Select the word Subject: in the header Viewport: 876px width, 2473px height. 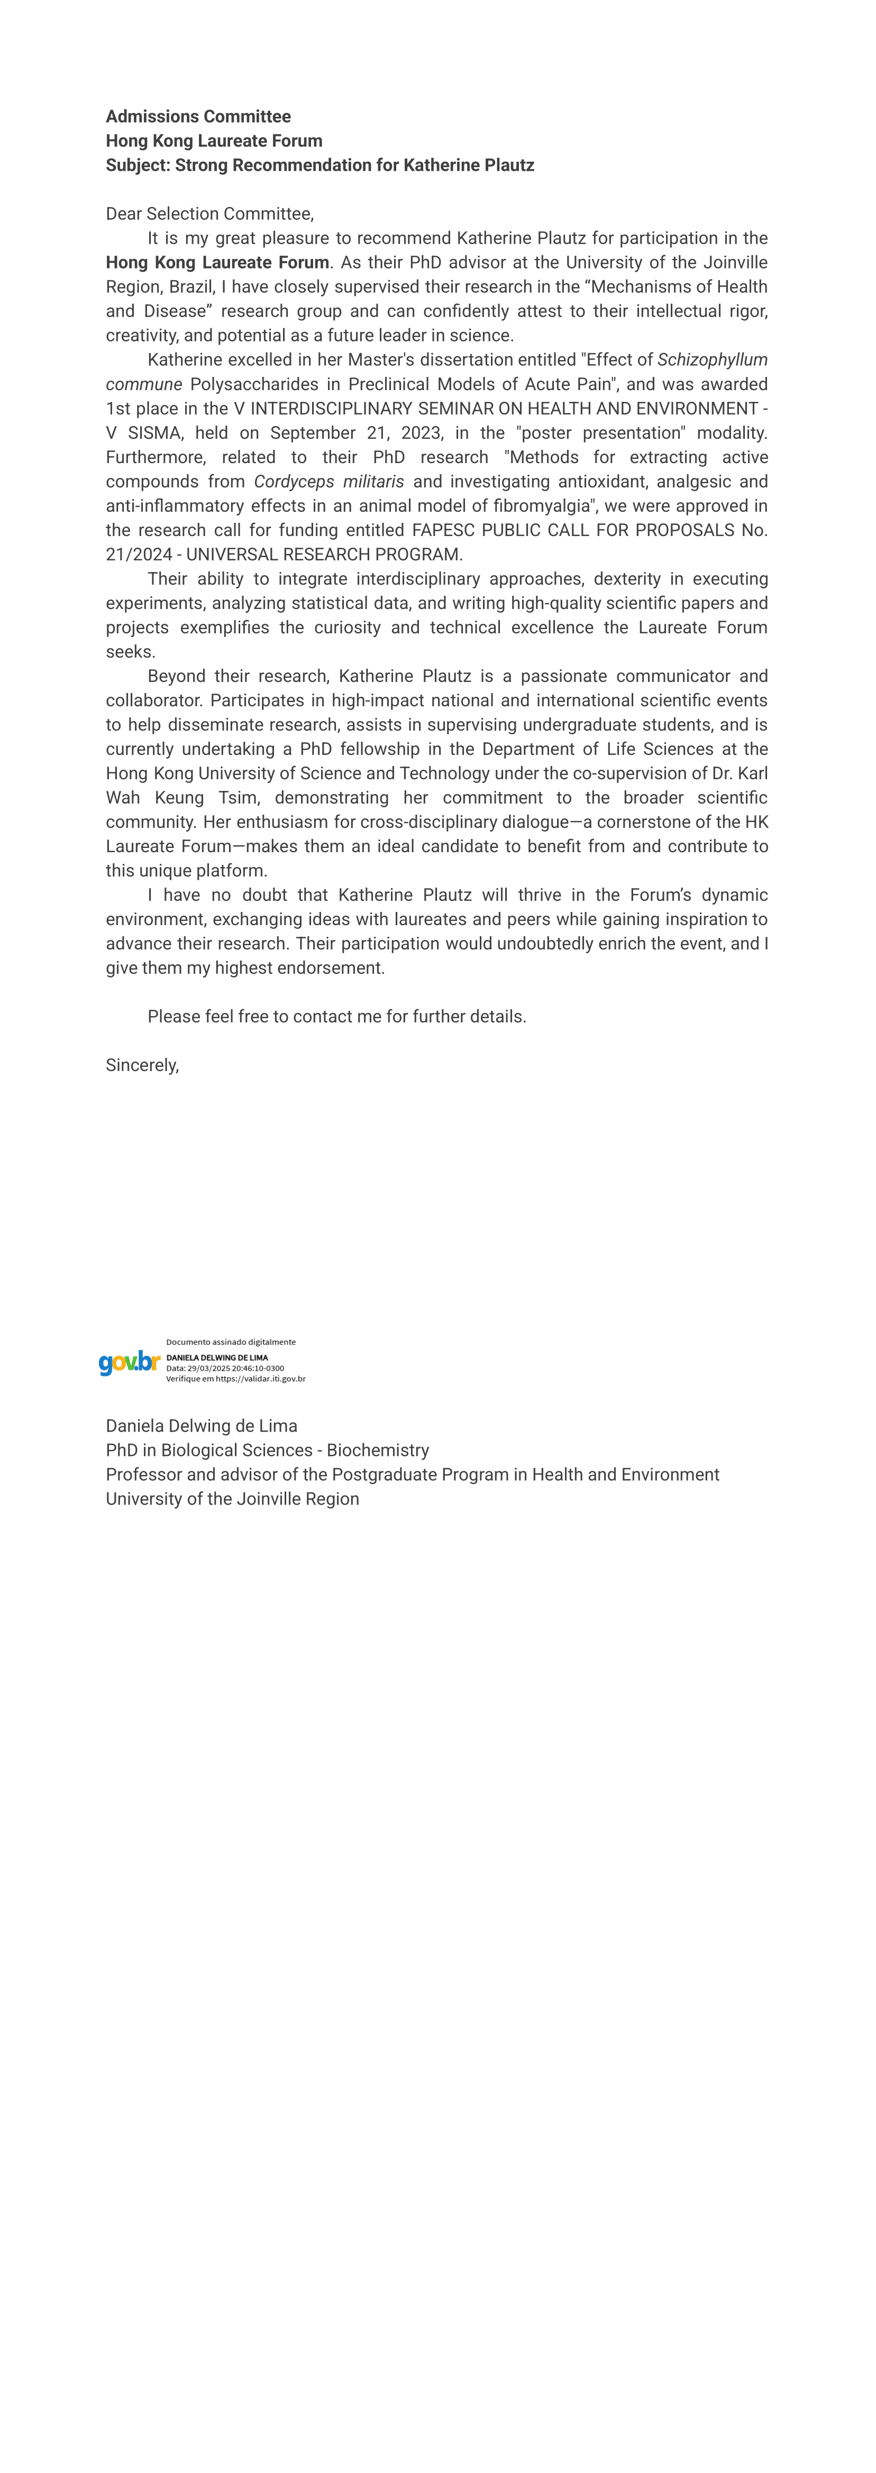pyautogui.click(x=138, y=165)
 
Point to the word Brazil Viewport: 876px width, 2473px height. pyautogui.click(x=191, y=287)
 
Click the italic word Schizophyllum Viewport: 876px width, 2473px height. pyautogui.click(x=712, y=360)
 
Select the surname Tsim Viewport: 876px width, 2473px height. pyautogui.click(x=237, y=798)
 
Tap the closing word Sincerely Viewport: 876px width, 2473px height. pyautogui.click(x=141, y=1066)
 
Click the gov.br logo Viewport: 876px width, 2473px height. pyautogui.click(x=129, y=1362)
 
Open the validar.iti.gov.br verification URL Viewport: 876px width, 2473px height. pyautogui.click(x=260, y=1379)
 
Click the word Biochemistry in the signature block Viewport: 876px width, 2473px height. pyautogui.click(x=378, y=1451)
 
